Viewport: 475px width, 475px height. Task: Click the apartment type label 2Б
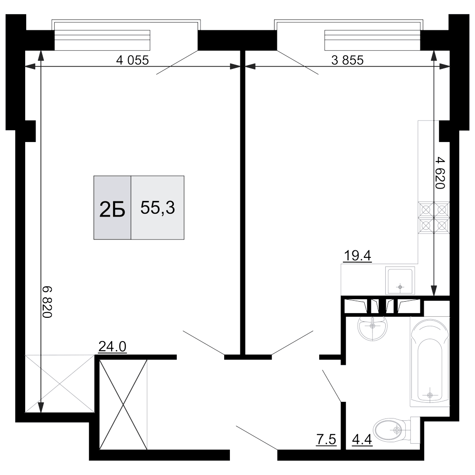(112, 209)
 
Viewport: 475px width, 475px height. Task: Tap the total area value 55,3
(158, 208)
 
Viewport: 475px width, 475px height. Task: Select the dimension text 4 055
(133, 60)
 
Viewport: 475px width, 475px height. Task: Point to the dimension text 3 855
(347, 60)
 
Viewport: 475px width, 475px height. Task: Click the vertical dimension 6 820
(47, 302)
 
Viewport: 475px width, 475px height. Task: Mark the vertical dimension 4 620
(440, 173)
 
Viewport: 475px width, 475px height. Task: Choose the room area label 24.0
(112, 347)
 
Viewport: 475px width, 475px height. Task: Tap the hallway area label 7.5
(326, 439)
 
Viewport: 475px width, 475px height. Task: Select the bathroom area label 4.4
(362, 439)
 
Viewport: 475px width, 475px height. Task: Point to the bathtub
(429, 361)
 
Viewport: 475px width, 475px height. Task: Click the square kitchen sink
(400, 281)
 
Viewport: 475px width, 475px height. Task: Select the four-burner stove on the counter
(434, 218)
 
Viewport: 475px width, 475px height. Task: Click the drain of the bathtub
(429, 395)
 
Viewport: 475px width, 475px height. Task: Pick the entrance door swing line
(257, 437)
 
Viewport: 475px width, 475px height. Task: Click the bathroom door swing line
(332, 385)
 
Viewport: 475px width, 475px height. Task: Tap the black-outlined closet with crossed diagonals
(123, 404)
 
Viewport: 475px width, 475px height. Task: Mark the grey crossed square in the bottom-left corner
(60, 383)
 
